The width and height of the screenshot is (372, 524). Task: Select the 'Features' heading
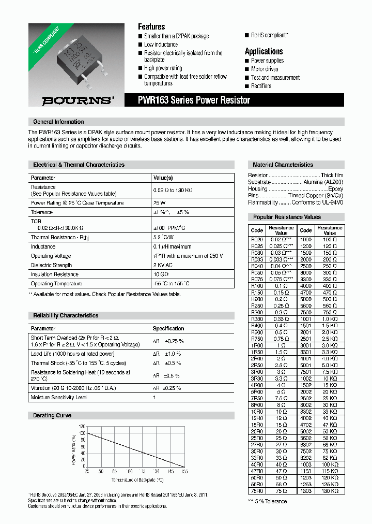click(x=151, y=26)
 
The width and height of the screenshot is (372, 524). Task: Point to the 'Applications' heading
click(x=263, y=51)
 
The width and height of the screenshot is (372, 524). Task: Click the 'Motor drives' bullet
click(x=265, y=69)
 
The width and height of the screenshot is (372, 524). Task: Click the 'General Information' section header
click(x=58, y=122)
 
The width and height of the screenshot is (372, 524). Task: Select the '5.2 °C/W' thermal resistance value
click(x=164, y=237)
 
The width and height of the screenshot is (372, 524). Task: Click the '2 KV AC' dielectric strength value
click(x=163, y=265)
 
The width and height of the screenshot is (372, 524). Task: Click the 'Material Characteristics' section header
click(x=283, y=165)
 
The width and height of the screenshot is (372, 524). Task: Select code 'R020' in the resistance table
click(x=257, y=240)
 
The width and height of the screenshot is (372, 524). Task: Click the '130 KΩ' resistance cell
click(x=330, y=490)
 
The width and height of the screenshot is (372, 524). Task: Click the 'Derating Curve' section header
click(x=52, y=415)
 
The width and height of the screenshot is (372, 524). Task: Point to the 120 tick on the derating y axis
click(x=82, y=427)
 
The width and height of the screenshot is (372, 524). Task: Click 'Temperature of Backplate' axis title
click(x=135, y=478)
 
